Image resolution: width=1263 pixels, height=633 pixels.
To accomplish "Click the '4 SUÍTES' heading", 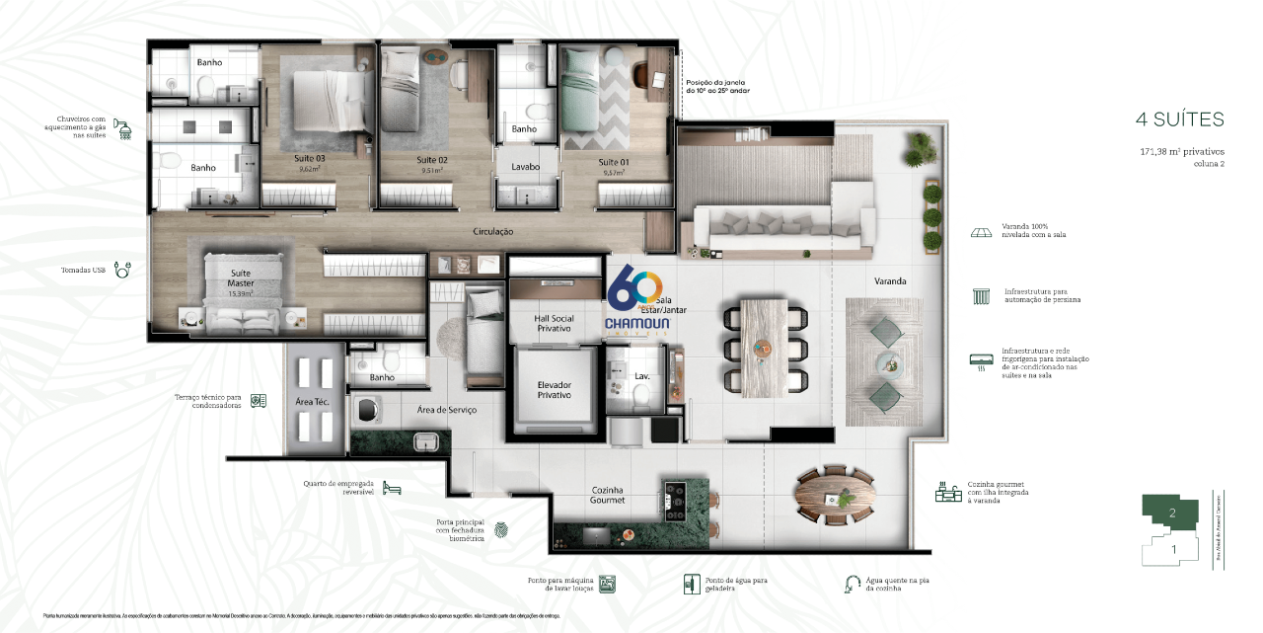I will point(1179,119).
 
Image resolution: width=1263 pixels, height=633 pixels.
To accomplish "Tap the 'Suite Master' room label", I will point(241,277).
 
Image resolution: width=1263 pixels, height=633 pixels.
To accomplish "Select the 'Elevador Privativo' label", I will point(554,389).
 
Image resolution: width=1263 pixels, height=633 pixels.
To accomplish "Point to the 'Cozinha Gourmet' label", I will point(607,495).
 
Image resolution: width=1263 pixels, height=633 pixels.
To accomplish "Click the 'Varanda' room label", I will point(889,281).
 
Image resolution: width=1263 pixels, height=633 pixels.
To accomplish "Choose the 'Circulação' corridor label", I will point(492,232).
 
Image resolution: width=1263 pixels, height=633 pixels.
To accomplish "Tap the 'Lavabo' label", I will point(525,167).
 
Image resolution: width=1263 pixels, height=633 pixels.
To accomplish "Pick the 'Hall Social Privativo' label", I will point(554,322).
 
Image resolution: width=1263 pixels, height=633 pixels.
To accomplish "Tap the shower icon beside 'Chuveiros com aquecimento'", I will point(124,127).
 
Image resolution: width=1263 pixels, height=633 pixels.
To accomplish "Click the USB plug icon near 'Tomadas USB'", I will point(123,269).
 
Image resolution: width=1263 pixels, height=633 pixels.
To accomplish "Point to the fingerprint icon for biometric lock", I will point(501,530).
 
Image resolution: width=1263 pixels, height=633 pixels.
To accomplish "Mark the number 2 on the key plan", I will point(1172,514).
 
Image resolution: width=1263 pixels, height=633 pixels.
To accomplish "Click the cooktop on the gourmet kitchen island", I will point(676,501).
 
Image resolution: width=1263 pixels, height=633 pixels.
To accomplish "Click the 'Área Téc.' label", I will point(311,401).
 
